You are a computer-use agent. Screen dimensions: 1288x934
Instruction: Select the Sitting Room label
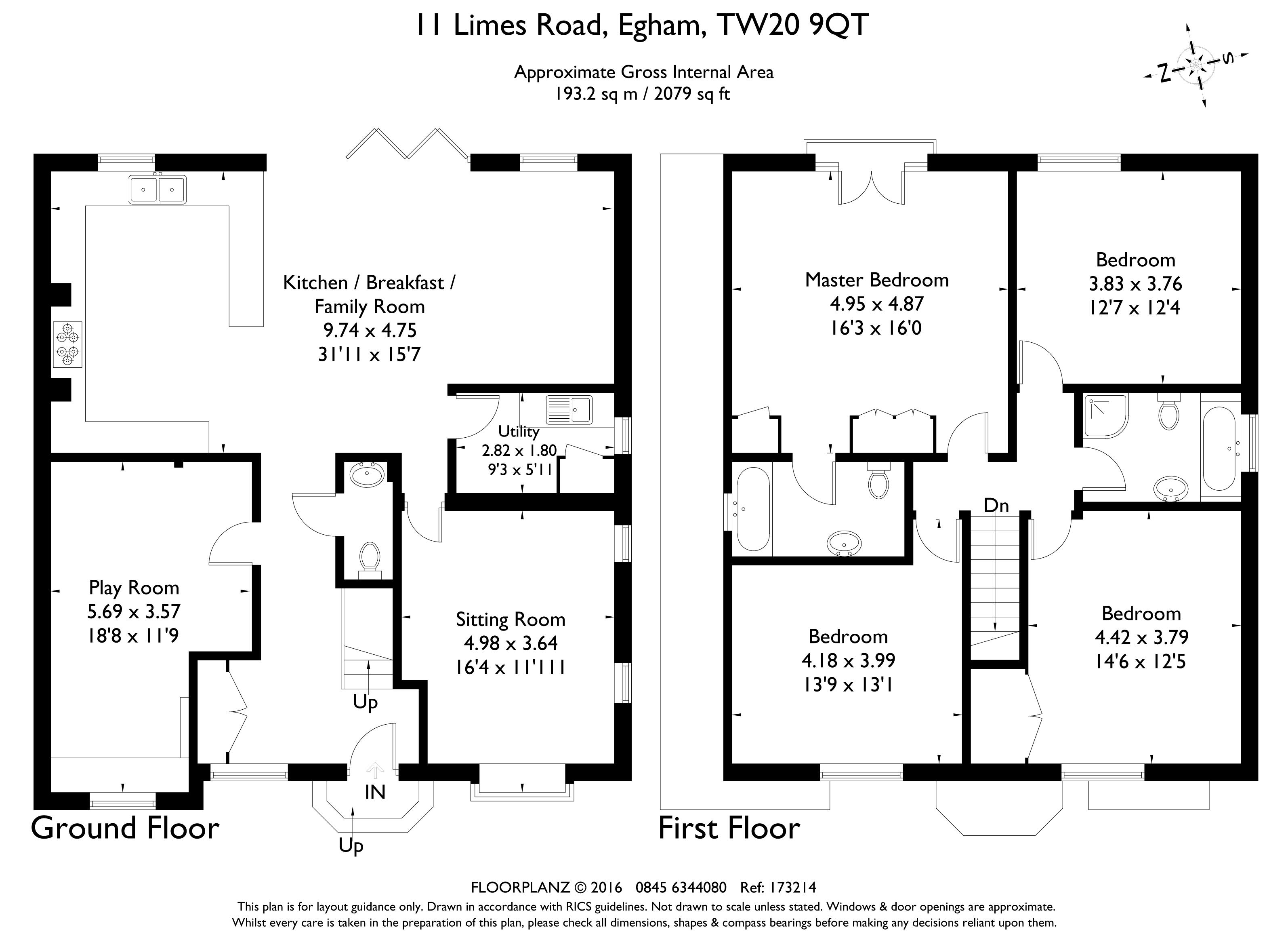(x=511, y=619)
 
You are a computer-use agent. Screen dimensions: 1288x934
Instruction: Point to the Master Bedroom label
(x=877, y=280)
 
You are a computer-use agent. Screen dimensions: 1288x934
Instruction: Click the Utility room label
(x=519, y=432)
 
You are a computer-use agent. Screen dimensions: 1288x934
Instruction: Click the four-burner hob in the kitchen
(x=67, y=344)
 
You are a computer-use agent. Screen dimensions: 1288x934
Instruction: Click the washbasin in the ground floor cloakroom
(x=368, y=475)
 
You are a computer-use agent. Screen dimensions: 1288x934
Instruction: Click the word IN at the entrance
(x=375, y=793)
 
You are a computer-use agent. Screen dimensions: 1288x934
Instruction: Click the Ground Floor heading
(x=125, y=828)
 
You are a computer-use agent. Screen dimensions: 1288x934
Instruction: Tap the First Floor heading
(x=729, y=828)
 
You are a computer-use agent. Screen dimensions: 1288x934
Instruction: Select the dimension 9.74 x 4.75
(x=370, y=330)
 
